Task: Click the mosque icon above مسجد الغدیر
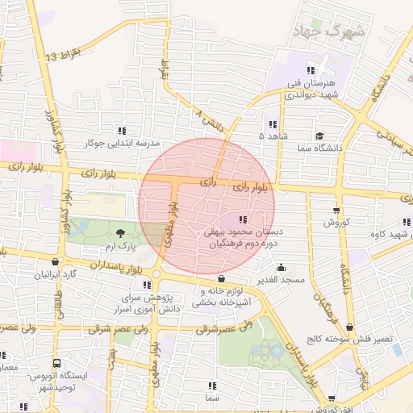point(281,267)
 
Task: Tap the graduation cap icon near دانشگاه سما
point(319,136)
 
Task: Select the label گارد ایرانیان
point(54,273)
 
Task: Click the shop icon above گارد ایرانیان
point(54,261)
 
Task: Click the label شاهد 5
point(272,136)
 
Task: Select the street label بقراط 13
point(64,56)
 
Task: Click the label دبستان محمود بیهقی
point(243,231)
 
